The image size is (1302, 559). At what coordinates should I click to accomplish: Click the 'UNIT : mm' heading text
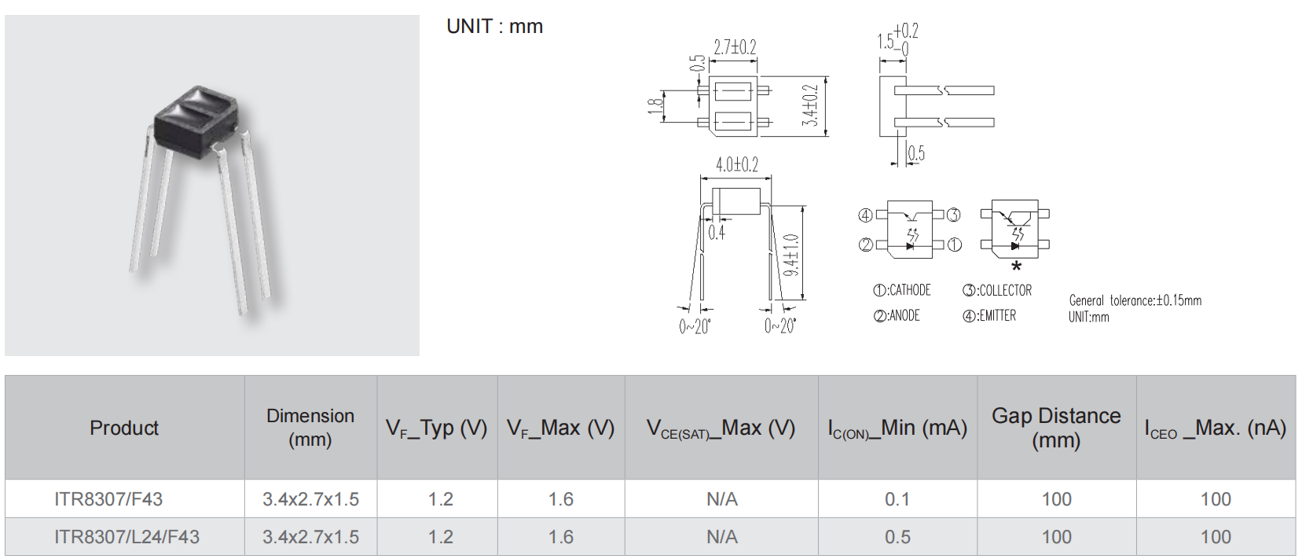[x=495, y=27]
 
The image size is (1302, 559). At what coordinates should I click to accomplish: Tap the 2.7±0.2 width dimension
[x=735, y=47]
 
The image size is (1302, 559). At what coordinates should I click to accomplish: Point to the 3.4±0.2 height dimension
[x=809, y=105]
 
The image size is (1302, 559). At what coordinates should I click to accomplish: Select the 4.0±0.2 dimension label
[x=737, y=164]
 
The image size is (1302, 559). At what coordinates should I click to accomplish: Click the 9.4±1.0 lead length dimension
[x=791, y=256]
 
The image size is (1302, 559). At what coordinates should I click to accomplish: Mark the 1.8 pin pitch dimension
[x=655, y=106]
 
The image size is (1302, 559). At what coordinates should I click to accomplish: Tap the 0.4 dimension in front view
[x=717, y=233]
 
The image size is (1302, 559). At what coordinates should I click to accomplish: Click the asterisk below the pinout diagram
[x=1016, y=267]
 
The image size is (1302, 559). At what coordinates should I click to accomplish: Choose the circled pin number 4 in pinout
[x=865, y=215]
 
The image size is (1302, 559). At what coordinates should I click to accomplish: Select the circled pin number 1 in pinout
[x=955, y=245]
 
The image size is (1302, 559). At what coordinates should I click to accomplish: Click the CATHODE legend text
[x=902, y=289]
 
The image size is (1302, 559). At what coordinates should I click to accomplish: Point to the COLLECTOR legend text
[x=997, y=290]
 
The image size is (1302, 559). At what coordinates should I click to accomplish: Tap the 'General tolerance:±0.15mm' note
[x=1135, y=300]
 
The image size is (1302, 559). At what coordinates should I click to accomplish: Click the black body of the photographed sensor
[x=195, y=122]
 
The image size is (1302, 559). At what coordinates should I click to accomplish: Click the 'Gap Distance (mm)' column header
[x=1056, y=428]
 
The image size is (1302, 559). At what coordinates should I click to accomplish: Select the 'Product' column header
[x=124, y=428]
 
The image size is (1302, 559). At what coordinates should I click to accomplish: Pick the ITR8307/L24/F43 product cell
[x=127, y=536]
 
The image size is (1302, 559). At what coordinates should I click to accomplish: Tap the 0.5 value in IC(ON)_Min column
[x=897, y=536]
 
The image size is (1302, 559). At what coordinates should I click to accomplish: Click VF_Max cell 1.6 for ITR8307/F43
[x=561, y=499]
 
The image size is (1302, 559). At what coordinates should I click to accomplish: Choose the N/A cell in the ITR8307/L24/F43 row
[x=722, y=536]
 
